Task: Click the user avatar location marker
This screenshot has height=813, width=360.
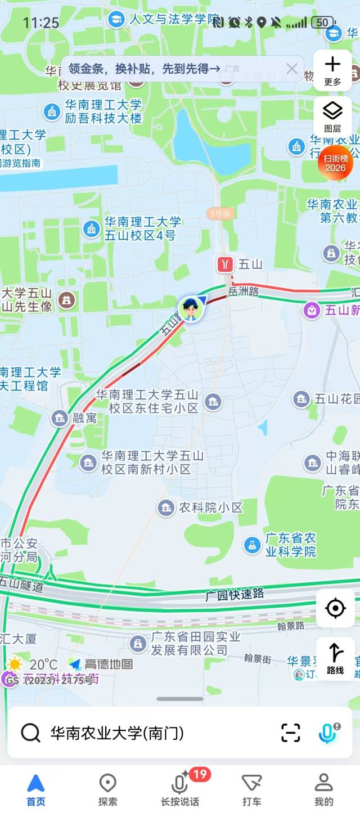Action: click(x=191, y=308)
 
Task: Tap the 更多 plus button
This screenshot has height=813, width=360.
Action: click(x=332, y=70)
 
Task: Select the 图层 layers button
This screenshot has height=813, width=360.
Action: click(x=332, y=116)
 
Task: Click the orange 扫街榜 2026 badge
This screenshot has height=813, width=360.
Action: click(x=335, y=163)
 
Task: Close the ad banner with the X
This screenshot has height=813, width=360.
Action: click(x=291, y=69)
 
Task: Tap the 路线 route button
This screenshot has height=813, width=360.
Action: click(x=335, y=658)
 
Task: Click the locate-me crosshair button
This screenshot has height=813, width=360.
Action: click(x=335, y=608)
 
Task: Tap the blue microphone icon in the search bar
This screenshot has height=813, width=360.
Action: click(x=327, y=733)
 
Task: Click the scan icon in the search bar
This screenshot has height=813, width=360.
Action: click(x=290, y=733)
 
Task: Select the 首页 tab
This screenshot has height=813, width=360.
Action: click(x=35, y=789)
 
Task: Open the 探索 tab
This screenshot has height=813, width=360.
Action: click(x=107, y=789)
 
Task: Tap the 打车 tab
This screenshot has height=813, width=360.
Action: click(x=251, y=789)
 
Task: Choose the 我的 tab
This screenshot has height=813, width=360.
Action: click(x=323, y=789)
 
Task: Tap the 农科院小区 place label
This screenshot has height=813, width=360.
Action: click(x=210, y=507)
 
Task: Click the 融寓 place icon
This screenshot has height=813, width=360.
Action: click(x=59, y=418)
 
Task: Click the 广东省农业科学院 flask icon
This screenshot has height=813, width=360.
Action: click(x=252, y=545)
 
